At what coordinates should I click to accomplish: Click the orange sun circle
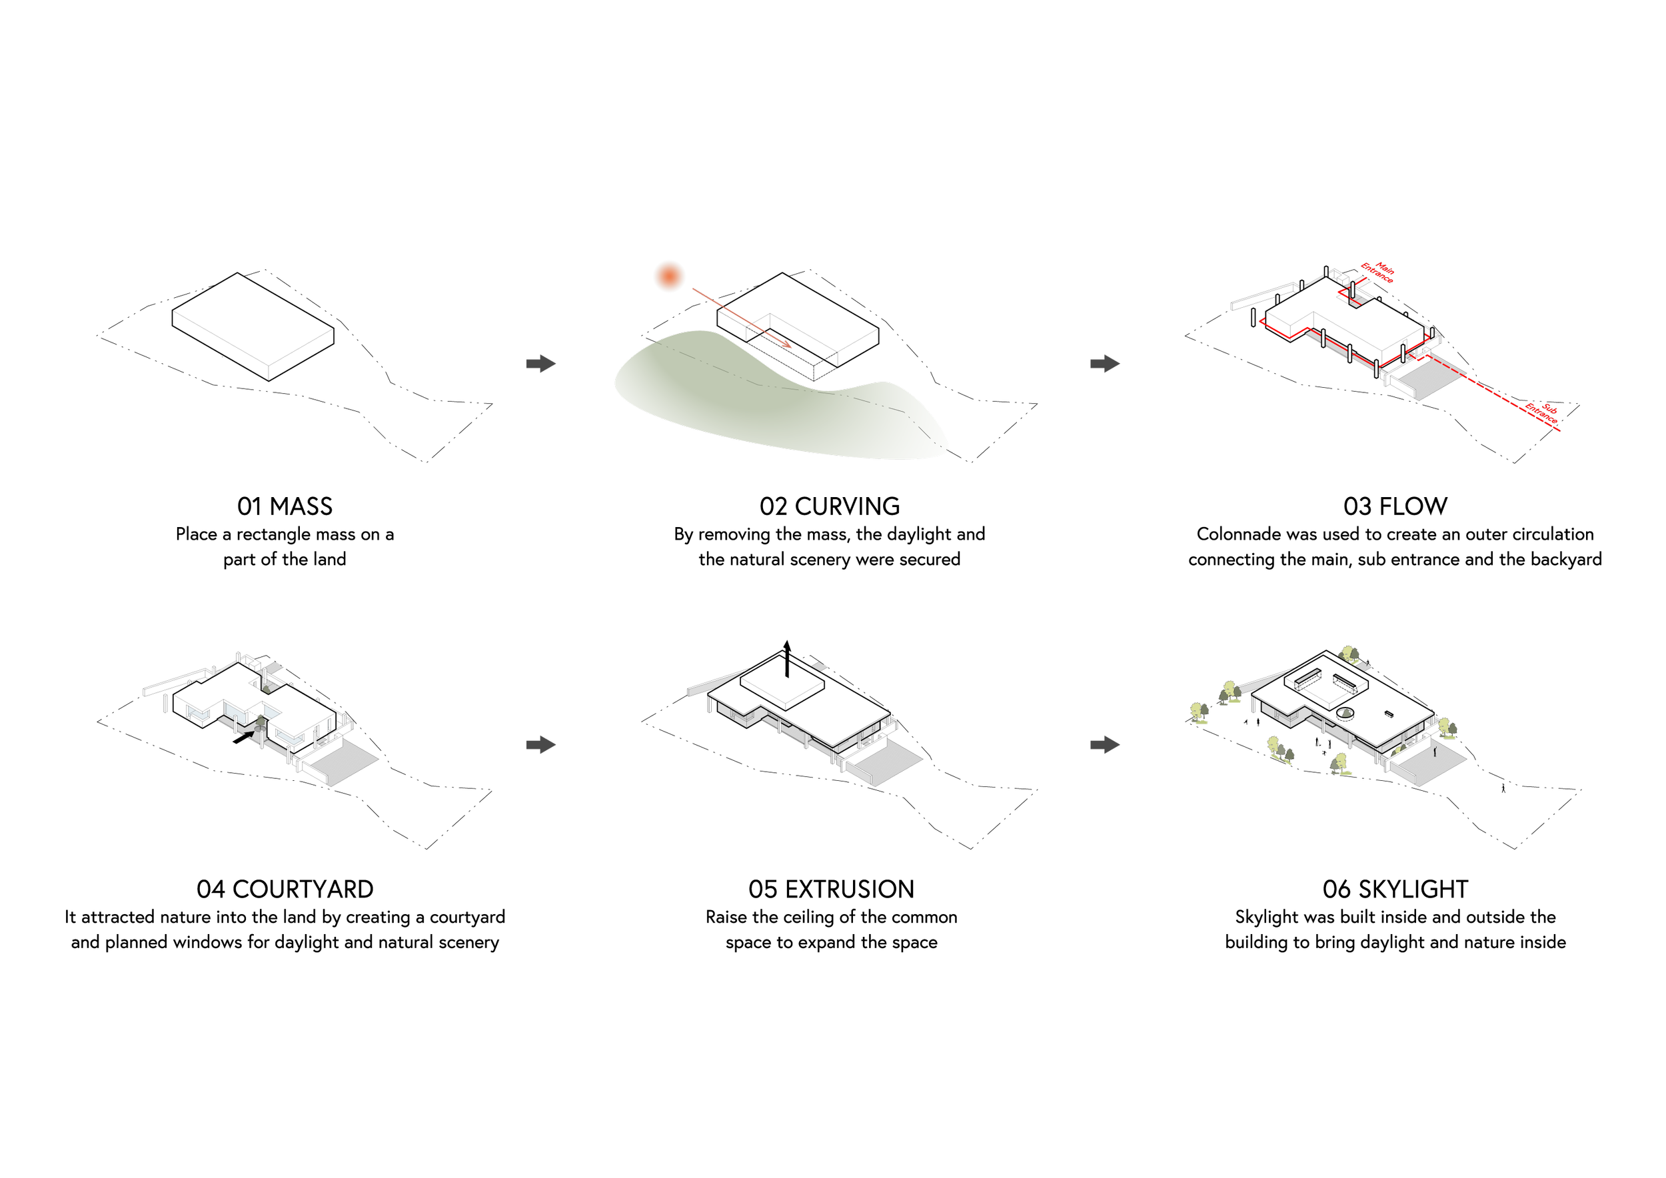[x=668, y=276]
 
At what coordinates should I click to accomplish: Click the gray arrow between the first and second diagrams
[x=540, y=363]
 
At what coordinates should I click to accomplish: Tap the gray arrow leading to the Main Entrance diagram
[x=1104, y=363]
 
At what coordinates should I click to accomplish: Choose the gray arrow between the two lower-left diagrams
[x=540, y=744]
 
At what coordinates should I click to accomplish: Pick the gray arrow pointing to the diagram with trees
[x=1104, y=744]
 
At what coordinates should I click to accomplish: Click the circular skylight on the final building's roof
[x=1346, y=714]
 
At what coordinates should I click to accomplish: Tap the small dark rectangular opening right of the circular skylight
[x=1389, y=714]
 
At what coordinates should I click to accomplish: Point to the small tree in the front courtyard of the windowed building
[x=261, y=720]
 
